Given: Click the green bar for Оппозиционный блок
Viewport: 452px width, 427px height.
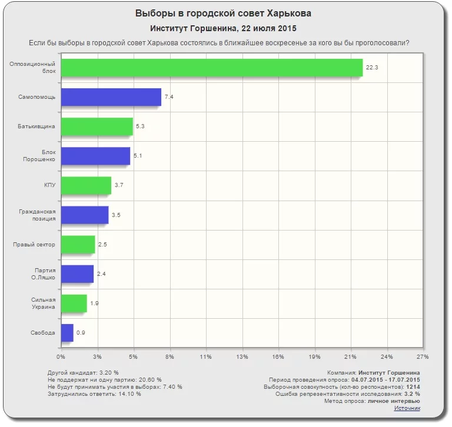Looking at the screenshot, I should [x=212, y=68].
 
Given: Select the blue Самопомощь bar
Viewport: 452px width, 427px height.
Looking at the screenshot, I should [x=111, y=97].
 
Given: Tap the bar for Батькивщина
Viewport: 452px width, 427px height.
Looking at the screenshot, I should [x=97, y=126].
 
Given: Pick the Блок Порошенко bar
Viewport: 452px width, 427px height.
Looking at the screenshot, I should [x=95, y=156].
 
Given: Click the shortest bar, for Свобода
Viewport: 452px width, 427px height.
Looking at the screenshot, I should [x=67, y=333].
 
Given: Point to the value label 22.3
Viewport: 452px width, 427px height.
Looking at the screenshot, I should [x=372, y=68].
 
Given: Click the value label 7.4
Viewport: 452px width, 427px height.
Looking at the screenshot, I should [x=169, y=97].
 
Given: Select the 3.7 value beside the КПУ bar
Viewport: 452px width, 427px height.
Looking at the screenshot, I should [x=119, y=186].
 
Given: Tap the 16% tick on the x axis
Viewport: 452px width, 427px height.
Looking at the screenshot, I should [x=278, y=357].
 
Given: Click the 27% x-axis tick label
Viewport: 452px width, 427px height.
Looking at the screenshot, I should [x=422, y=357].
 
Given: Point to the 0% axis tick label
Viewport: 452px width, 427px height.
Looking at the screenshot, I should [x=61, y=357].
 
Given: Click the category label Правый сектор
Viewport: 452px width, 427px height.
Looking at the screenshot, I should [x=34, y=245].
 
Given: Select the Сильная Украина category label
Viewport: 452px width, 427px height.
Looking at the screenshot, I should [x=44, y=303].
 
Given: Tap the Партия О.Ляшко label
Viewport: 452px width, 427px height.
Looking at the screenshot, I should [x=45, y=274].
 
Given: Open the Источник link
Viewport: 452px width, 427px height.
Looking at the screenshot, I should [x=407, y=408].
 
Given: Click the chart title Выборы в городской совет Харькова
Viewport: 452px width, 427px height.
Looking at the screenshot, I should [x=223, y=13].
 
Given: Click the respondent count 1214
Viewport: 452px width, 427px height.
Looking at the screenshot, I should [x=413, y=387].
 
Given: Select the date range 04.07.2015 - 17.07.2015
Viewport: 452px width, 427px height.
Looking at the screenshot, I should [x=389, y=380].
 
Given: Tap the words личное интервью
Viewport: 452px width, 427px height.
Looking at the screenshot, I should [x=394, y=401].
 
